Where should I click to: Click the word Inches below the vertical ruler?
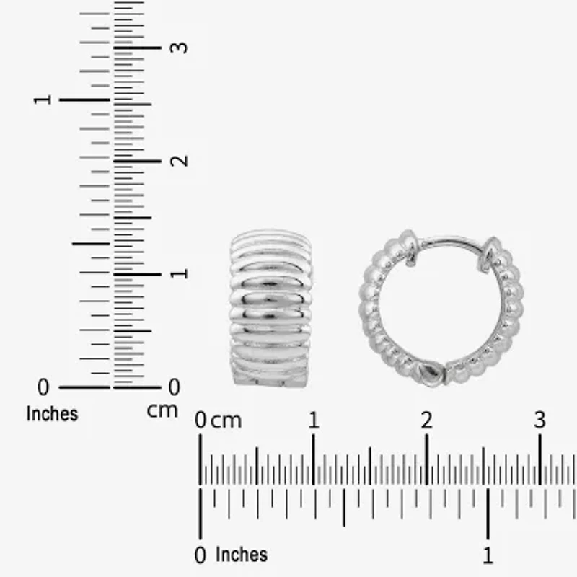pos(52,414)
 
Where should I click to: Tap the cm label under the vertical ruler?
pos(162,410)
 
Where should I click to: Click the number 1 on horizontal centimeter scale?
pos(313,420)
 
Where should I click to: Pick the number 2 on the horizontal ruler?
pos(426,420)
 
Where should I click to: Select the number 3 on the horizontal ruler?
pos(539,420)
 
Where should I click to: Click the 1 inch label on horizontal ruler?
pos(488,555)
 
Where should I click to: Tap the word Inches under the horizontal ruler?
pos(242,554)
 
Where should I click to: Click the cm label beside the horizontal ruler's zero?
pos(226,420)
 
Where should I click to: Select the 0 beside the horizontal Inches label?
pos(201,555)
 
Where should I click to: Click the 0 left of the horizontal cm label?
pos(201,420)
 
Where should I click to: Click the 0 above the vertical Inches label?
pos(43,387)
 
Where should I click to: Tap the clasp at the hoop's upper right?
pos(491,253)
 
